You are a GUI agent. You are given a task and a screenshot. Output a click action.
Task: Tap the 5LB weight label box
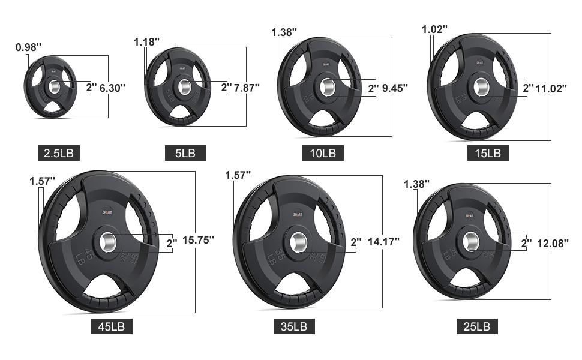[185, 153]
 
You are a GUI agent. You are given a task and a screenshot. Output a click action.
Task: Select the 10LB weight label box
[323, 153]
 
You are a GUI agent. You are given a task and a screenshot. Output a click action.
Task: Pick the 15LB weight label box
[488, 153]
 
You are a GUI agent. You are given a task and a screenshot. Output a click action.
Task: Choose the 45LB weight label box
[112, 326]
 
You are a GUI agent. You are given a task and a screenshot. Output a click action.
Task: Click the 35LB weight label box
[294, 326]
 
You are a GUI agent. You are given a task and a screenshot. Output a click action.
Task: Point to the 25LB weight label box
[476, 326]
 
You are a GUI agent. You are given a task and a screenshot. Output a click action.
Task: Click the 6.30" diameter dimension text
[112, 88]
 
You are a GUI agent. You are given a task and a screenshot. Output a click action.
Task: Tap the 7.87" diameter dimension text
[247, 88]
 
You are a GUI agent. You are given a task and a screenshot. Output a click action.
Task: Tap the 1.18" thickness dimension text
[146, 42]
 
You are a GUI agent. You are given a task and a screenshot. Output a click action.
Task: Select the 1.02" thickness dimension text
[434, 29]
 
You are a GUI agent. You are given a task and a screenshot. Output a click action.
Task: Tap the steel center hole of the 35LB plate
[298, 241]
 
